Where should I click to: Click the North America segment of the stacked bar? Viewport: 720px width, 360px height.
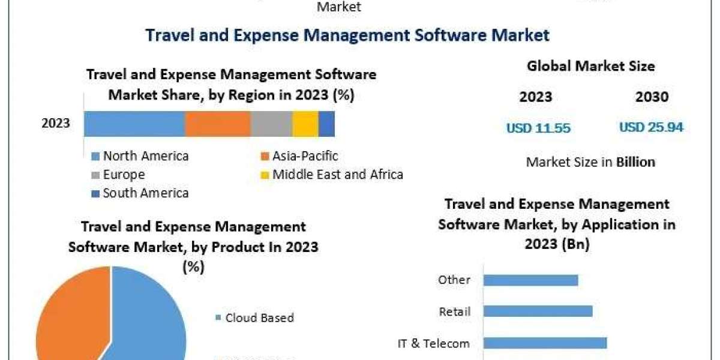coord(134,124)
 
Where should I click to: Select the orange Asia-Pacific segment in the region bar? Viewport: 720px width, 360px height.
coord(217,124)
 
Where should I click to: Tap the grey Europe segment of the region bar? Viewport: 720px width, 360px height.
coord(271,124)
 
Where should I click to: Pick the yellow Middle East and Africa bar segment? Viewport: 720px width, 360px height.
coord(305,124)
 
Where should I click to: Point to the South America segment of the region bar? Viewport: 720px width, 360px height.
coord(326,124)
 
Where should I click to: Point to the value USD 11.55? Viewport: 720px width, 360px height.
coord(538,128)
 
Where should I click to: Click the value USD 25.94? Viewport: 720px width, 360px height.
coord(651,127)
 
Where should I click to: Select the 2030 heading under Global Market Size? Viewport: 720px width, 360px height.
coord(651,97)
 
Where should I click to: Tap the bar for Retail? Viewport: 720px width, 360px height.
coord(538,311)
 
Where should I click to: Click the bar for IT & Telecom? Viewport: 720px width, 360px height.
coord(545,343)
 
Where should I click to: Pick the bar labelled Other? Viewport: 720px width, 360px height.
coord(530,280)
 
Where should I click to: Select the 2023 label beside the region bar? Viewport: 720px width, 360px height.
coord(56,124)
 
